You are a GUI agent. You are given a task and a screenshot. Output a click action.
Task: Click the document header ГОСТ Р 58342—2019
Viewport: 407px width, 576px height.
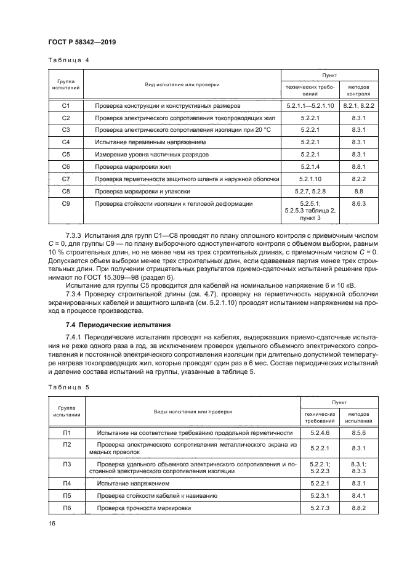pyautogui.click(x=82, y=42)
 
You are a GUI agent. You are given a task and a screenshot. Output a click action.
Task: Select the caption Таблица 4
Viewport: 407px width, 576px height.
pyautogui.click(x=68, y=60)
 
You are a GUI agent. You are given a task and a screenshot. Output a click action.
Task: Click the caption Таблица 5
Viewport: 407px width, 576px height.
pyautogui.click(x=68, y=387)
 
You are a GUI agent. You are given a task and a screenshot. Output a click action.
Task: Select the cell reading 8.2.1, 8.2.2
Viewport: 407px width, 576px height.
pyautogui.click(x=359, y=106)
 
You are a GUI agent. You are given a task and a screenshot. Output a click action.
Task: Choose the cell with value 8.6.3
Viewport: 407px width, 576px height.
pyautogui.click(x=359, y=203)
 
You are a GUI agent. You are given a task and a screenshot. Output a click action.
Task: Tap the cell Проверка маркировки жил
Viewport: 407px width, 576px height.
pyautogui.click(x=131, y=166)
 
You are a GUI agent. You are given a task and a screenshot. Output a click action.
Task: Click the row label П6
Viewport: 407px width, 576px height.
pyautogui.click(x=67, y=508)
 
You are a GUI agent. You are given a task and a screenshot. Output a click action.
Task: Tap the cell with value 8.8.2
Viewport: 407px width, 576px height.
pyautogui.click(x=359, y=508)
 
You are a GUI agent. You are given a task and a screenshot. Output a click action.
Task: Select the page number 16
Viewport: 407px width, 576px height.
pyautogui.click(x=52, y=524)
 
